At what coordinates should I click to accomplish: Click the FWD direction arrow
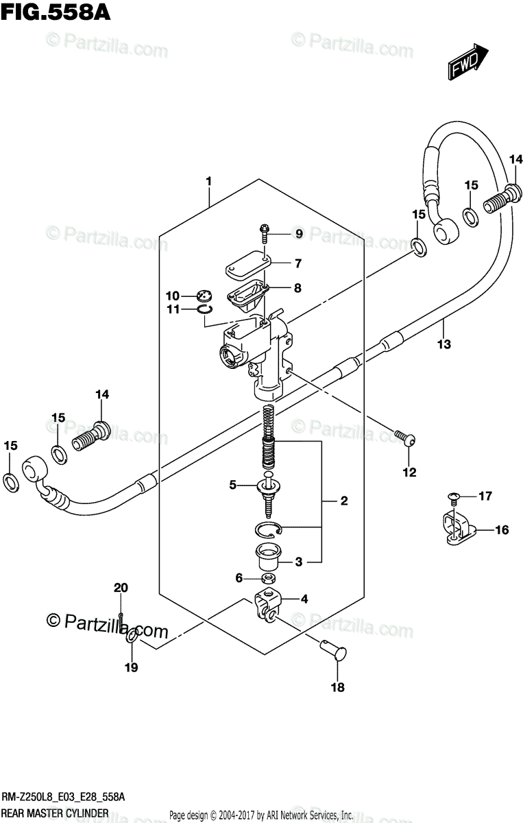point(468,61)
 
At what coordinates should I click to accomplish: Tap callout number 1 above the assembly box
point(208,181)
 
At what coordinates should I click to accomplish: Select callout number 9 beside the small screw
point(298,235)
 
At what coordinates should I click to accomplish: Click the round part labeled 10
point(204,296)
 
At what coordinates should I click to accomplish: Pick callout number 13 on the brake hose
point(444,344)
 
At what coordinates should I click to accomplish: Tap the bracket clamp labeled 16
point(453,529)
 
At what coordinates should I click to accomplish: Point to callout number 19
point(131,667)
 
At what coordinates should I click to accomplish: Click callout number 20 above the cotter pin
point(121,587)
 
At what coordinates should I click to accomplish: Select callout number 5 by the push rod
point(232,485)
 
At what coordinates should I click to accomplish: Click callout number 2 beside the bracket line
point(343,501)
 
